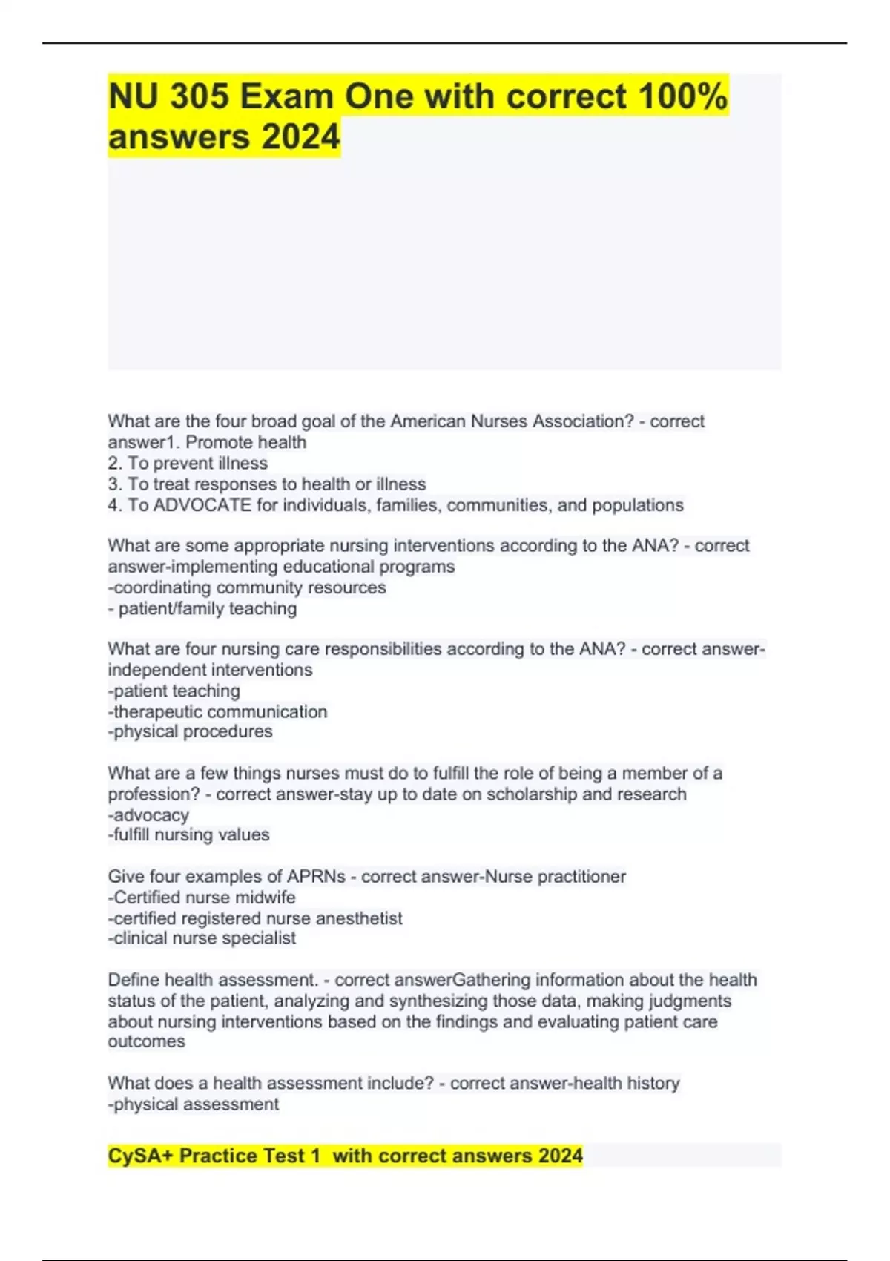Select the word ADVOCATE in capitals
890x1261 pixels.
coord(202,505)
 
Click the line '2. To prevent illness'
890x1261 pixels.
coord(188,464)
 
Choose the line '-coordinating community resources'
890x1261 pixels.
coord(247,587)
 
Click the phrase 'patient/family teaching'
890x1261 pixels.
coord(207,609)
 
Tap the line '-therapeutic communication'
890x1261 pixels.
coord(217,712)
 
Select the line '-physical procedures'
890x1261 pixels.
coord(191,732)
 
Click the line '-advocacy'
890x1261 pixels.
coord(148,815)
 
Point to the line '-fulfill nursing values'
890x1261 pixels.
coord(188,835)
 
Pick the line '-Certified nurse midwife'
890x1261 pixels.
coord(202,898)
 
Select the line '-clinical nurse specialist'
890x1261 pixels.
coord(202,938)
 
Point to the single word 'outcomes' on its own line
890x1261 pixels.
coord(146,1041)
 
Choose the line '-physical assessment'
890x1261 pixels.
coord(194,1104)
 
